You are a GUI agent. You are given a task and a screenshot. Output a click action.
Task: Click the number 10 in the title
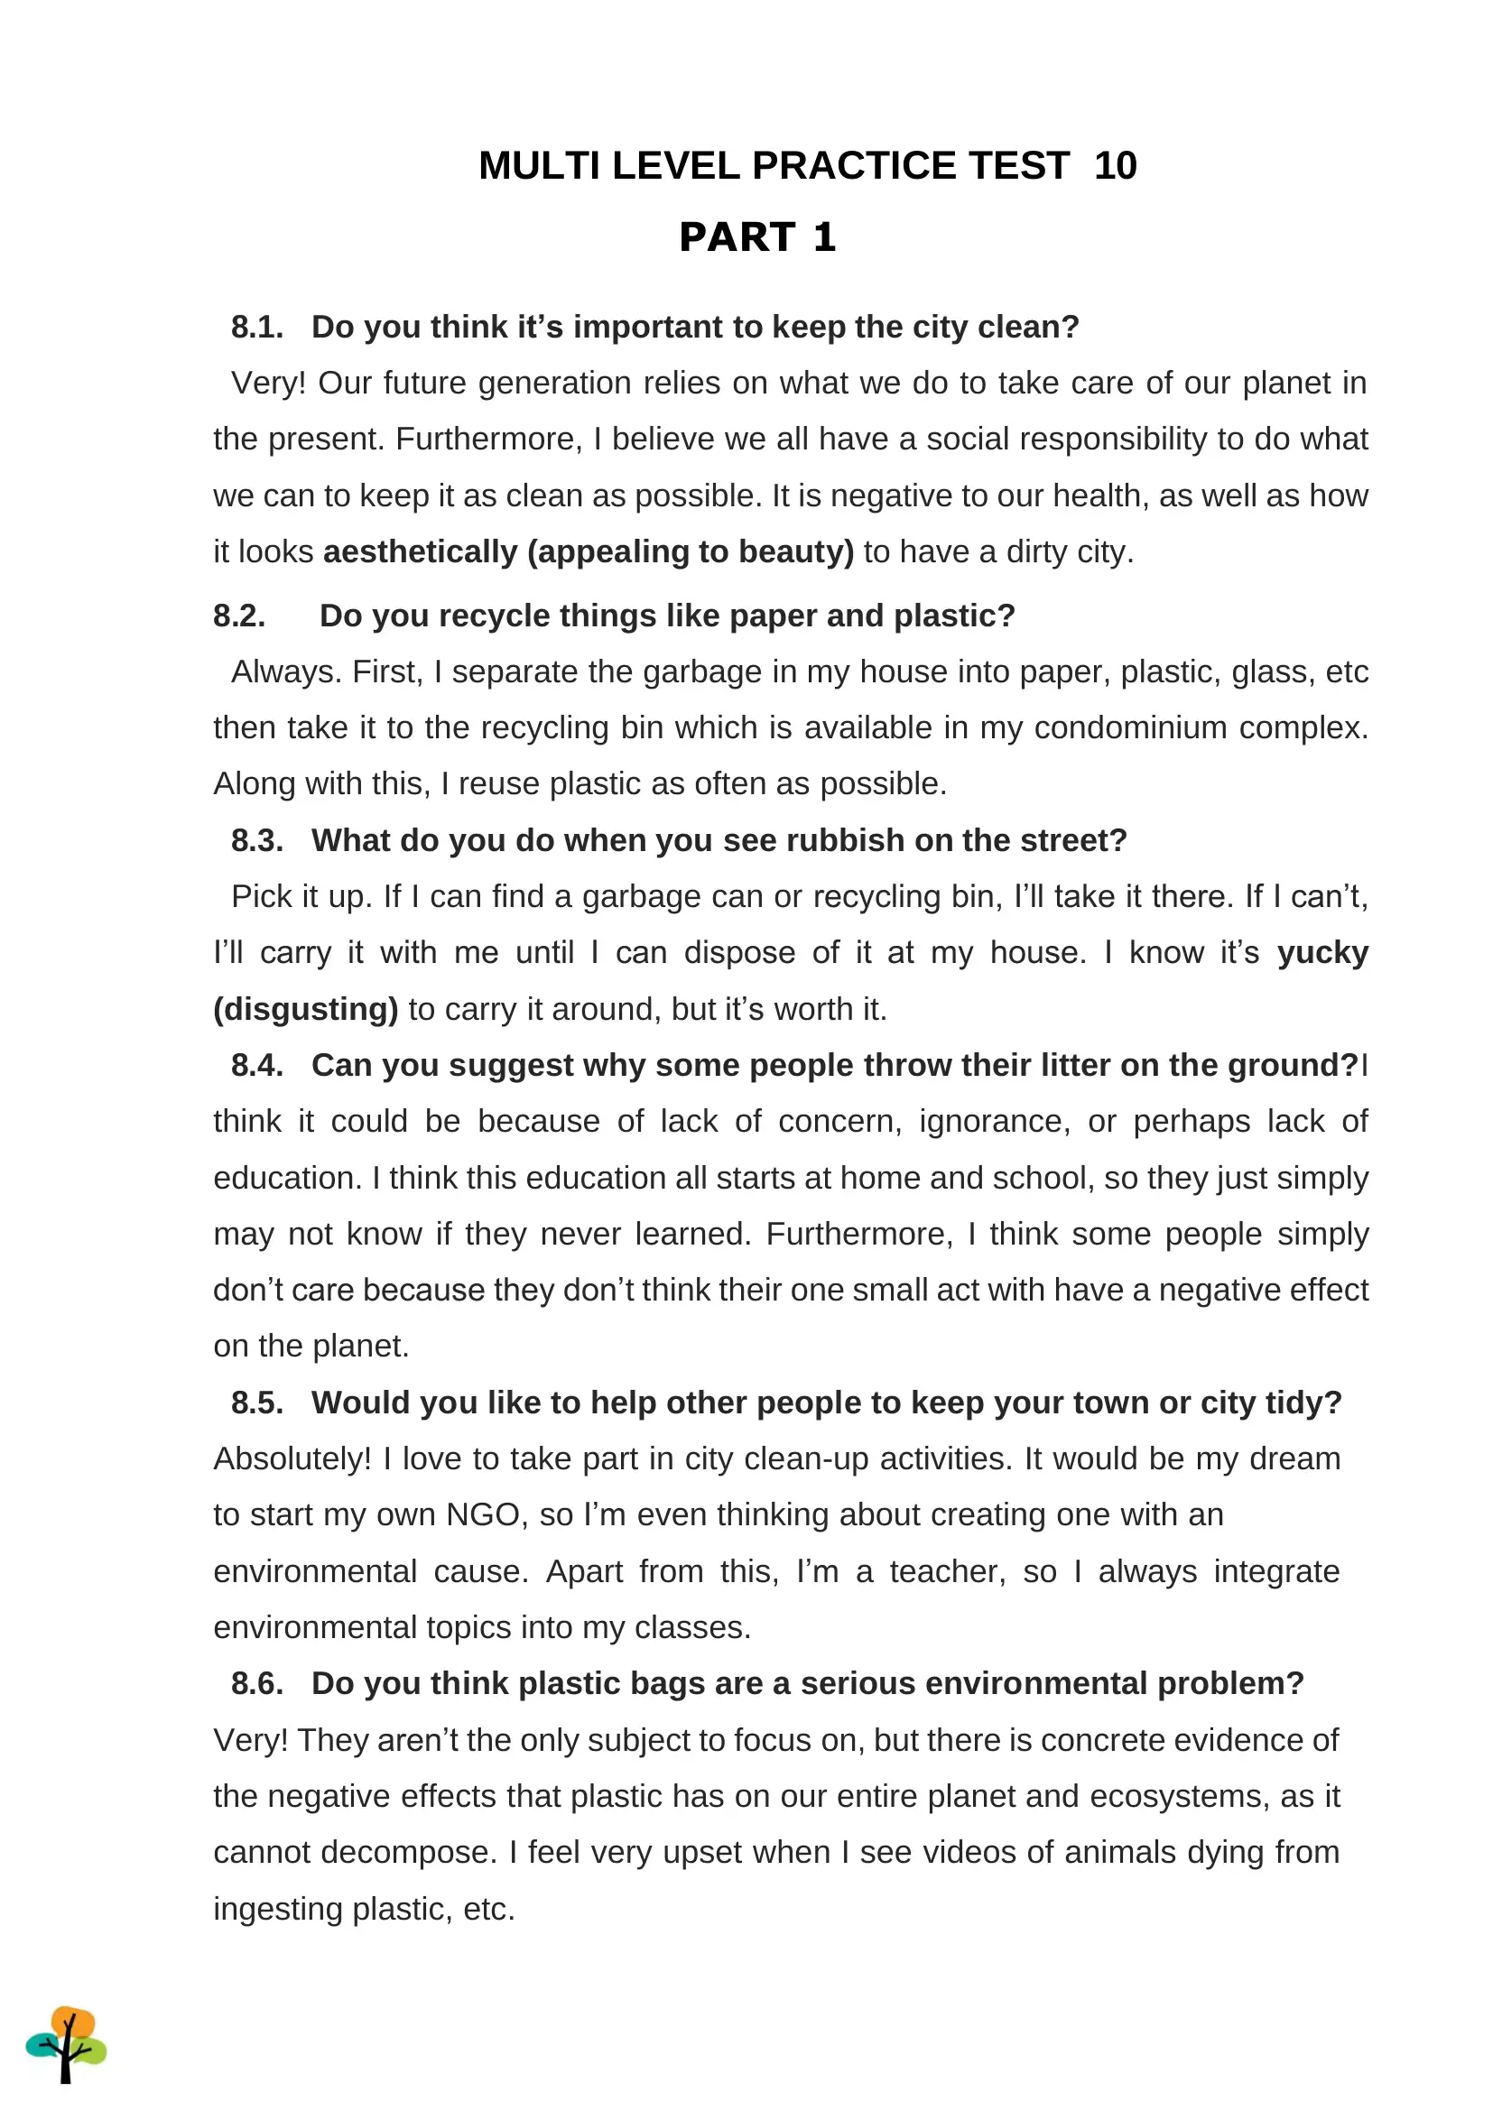pos(1115,166)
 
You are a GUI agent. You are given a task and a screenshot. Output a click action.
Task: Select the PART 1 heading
pos(756,237)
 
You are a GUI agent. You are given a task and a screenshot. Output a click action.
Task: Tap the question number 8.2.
pos(239,616)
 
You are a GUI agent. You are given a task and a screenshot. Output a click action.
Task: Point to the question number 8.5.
pos(256,1403)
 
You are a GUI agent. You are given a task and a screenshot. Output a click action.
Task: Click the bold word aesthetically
pos(420,551)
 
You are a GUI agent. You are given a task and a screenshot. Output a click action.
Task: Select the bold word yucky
pos(1322,953)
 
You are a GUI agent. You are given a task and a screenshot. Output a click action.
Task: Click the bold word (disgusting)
pos(305,1010)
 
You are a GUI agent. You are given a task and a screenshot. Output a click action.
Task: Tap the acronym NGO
pos(484,1515)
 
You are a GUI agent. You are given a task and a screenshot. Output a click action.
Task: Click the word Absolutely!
pos(292,1459)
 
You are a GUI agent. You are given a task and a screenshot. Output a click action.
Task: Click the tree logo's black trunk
pos(65,2062)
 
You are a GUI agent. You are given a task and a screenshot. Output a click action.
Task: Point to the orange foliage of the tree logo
pos(73,2023)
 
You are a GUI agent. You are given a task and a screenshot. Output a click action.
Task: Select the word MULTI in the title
pos(540,166)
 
